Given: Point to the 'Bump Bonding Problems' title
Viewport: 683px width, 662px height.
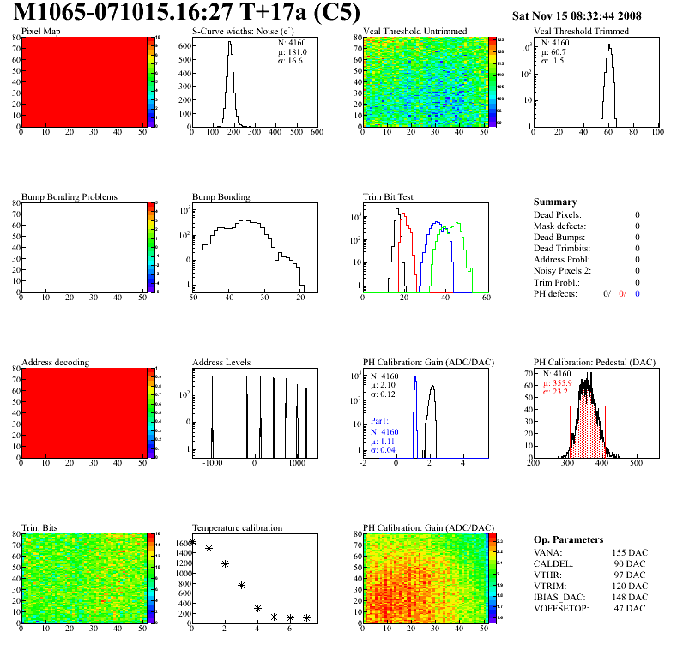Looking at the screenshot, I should click(x=70, y=196).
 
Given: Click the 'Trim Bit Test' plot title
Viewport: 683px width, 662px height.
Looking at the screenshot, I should click(x=389, y=196).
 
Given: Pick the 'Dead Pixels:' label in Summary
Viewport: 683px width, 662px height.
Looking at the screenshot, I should click(x=557, y=215).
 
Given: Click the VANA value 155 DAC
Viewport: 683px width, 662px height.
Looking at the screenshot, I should click(x=631, y=554).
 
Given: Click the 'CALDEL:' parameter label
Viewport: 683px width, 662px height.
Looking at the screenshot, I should click(x=553, y=564).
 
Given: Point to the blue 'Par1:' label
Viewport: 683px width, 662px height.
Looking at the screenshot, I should click(x=380, y=422).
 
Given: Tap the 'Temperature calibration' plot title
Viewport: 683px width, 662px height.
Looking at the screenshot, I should click(x=238, y=527).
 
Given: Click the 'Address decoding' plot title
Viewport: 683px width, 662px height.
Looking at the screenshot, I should click(x=55, y=363).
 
